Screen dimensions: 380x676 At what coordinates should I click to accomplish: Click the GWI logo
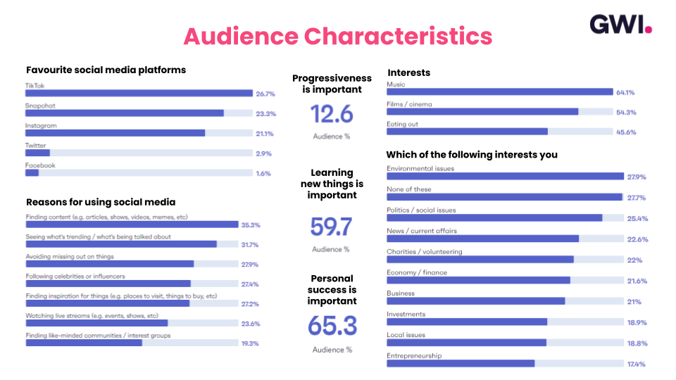pyautogui.click(x=620, y=25)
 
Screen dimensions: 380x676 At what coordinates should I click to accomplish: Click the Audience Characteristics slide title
pyautogui.click(x=337, y=37)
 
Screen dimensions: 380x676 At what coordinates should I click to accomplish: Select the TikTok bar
pyautogui.click(x=139, y=93)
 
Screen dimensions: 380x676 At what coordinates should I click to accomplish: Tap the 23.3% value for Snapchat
pyautogui.click(x=265, y=113)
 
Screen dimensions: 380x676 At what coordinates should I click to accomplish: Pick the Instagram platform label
pyautogui.click(x=41, y=125)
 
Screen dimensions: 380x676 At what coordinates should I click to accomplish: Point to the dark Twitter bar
pyautogui.click(x=37, y=153)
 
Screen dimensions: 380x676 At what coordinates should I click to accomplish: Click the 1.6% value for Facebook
pyautogui.click(x=263, y=173)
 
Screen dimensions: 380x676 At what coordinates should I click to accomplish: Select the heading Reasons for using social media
pyautogui.click(x=101, y=203)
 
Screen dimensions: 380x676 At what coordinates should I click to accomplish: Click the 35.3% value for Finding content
pyautogui.click(x=251, y=225)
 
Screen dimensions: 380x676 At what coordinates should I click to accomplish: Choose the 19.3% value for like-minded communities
pyautogui.click(x=251, y=343)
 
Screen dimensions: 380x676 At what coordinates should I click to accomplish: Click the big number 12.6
pyautogui.click(x=332, y=114)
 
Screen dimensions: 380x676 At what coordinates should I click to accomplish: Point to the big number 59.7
pyautogui.click(x=332, y=227)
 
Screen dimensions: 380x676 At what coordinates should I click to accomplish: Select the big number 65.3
pyautogui.click(x=332, y=326)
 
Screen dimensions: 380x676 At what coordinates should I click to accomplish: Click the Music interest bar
pyautogui.click(x=500, y=91)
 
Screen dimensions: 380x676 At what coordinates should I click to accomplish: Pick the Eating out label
pyautogui.click(x=403, y=124)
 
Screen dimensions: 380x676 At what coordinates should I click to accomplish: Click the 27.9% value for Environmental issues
pyautogui.click(x=637, y=177)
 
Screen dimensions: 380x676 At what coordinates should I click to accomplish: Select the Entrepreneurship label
pyautogui.click(x=414, y=356)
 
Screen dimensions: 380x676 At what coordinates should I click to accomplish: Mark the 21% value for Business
pyautogui.click(x=634, y=302)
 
